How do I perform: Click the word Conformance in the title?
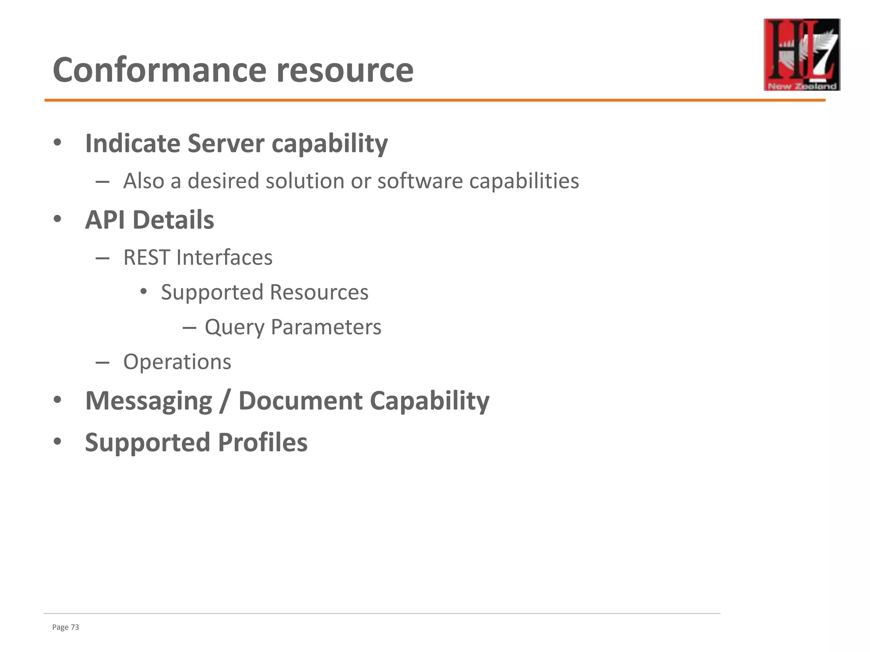[159, 70]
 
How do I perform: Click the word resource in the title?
[345, 70]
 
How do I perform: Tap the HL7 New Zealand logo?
[802, 54]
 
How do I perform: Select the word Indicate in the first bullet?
[133, 143]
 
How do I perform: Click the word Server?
[225, 143]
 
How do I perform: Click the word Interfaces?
[224, 257]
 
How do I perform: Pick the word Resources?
[319, 292]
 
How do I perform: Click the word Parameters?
[326, 327]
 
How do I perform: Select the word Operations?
[177, 362]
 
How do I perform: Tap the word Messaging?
[149, 401]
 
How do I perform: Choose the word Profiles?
[263, 442]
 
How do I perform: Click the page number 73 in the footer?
[75, 627]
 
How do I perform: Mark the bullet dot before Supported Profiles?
[58, 441]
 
